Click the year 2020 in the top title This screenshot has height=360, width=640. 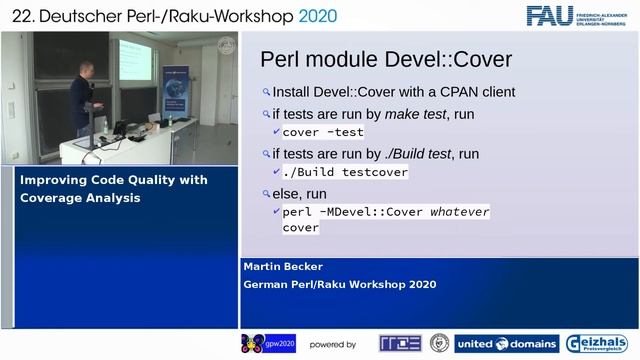pyautogui.click(x=310, y=16)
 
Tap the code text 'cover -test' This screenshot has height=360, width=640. pyautogui.click(x=323, y=132)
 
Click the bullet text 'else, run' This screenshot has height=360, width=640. pyautogui.click(x=299, y=193)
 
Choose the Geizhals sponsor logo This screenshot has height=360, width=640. pyautogui.click(x=598, y=344)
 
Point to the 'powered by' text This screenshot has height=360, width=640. pyautogui.click(x=332, y=345)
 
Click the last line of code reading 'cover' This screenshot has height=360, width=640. pyautogui.click(x=300, y=228)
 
